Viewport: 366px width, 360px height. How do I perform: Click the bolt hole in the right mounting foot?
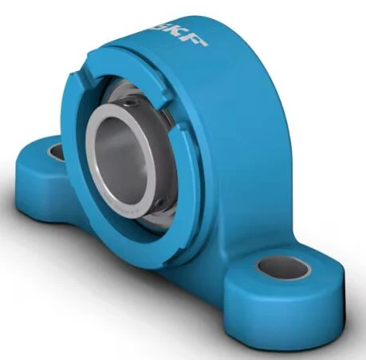point(283,267)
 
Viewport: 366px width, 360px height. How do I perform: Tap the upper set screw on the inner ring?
point(129,102)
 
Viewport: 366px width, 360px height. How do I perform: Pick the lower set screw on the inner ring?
point(159,204)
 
